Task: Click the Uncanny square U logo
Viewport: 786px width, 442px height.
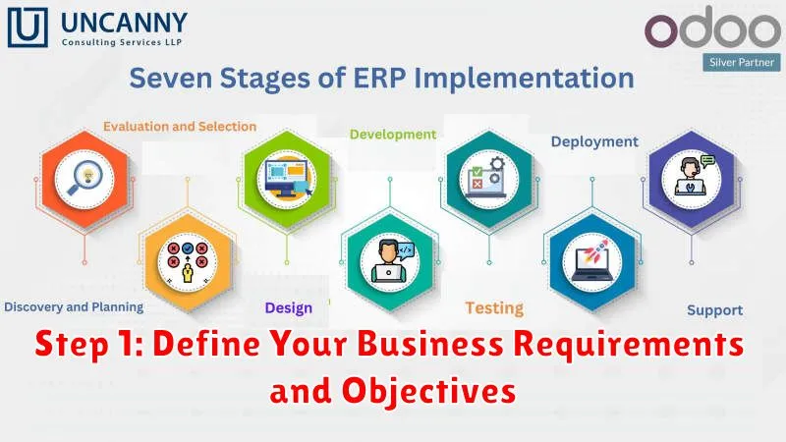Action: point(28,28)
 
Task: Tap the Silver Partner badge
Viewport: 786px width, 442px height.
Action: point(742,63)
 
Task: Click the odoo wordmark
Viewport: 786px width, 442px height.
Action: point(712,28)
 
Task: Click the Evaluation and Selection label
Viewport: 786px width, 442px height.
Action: point(180,127)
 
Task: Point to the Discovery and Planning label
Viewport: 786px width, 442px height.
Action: point(74,306)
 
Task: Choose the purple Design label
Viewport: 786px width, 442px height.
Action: point(289,308)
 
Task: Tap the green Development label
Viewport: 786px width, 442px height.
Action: point(393,135)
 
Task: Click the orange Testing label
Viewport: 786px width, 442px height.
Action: point(494,308)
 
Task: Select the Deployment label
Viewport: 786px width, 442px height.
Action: point(594,141)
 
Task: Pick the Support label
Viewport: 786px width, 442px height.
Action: point(715,310)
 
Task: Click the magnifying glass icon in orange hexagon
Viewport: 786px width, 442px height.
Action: point(84,179)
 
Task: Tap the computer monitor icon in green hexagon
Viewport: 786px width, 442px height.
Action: point(287,178)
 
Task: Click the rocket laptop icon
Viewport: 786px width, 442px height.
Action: point(592,262)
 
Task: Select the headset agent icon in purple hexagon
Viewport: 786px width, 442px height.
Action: point(692,176)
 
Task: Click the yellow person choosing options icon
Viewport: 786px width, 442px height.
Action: point(188,262)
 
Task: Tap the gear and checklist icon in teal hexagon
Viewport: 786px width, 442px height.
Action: point(487,177)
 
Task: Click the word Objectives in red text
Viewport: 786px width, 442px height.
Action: point(429,391)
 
